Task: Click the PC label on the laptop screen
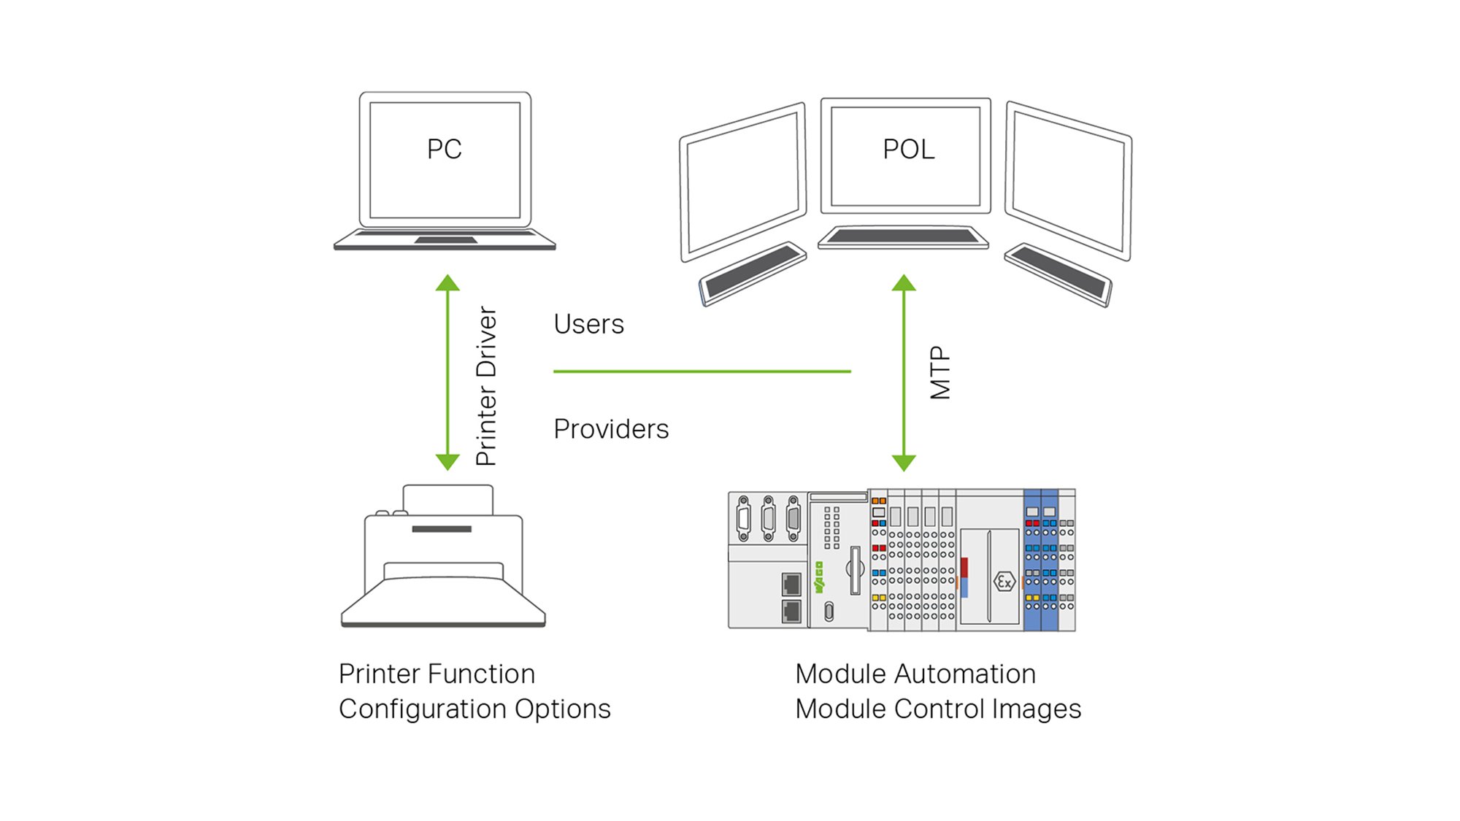click(444, 150)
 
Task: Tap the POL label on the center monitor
click(908, 150)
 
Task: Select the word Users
click(588, 324)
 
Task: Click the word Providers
click(611, 429)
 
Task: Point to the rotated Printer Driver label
click(486, 385)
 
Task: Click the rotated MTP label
click(940, 373)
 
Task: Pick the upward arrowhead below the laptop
click(447, 283)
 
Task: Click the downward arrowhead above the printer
click(447, 461)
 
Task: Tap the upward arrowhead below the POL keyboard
click(904, 283)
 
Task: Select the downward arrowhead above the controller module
click(904, 462)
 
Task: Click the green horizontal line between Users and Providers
click(702, 371)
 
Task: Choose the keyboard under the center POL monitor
click(903, 236)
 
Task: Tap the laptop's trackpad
click(445, 240)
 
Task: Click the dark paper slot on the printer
click(442, 529)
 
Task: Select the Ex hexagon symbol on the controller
click(1004, 582)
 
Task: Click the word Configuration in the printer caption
click(423, 709)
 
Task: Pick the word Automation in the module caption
click(966, 674)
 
